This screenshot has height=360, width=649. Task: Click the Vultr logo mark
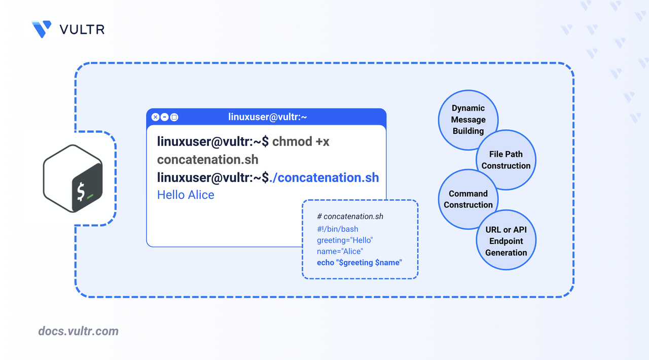point(42,29)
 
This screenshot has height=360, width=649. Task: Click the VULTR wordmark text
point(82,29)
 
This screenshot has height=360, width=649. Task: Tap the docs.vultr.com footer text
point(79,332)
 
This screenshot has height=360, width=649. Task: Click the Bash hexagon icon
point(74,178)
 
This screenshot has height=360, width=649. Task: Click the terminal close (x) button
point(156,117)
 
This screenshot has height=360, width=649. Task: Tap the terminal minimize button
point(165,117)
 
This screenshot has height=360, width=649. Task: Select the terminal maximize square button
point(174,117)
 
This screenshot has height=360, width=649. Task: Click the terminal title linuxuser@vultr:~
point(268,117)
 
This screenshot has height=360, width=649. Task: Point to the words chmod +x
point(301,141)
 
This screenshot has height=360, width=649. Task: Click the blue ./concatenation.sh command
point(328,177)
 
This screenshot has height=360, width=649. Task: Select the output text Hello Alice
point(186,195)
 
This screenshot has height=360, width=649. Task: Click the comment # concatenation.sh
point(350,217)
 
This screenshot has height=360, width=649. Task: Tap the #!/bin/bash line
point(338,229)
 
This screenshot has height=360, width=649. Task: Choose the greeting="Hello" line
point(345,240)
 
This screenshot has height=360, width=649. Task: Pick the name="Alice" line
point(340,251)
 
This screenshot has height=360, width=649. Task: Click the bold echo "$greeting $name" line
point(359,263)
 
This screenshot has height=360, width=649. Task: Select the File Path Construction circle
point(506,160)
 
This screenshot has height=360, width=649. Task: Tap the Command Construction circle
point(468,199)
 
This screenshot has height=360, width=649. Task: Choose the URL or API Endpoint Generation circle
point(506,241)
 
